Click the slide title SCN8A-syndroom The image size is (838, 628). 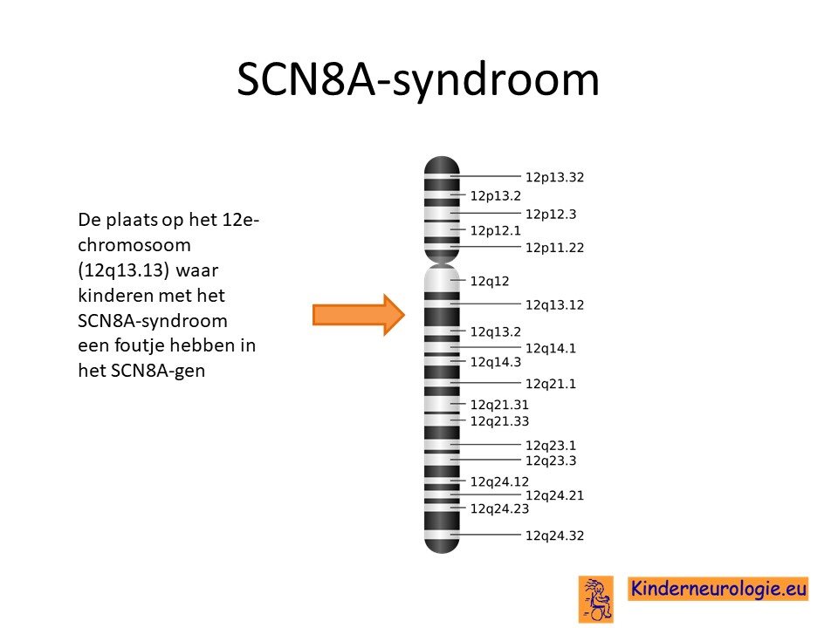coord(418,80)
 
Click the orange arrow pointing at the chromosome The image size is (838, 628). coord(359,315)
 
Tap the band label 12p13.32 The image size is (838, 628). coord(554,177)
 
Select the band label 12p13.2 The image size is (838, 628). coord(496,196)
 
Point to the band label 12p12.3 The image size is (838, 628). coord(551,215)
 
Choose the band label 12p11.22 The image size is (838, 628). coord(554,248)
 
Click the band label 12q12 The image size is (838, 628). coord(490,282)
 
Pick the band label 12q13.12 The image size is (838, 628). coord(554,305)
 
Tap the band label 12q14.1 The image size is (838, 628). coord(551,348)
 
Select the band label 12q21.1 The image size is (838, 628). coord(551,384)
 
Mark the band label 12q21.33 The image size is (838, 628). coord(499,421)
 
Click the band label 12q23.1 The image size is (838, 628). coord(551,446)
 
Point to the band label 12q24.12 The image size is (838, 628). coord(499,481)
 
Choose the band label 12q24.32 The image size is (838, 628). coord(554,536)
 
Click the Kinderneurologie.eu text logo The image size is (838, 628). coord(718,589)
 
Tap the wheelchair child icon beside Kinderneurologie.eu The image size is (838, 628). coord(596,599)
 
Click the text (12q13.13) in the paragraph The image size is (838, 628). coord(123,270)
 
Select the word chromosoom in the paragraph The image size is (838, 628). coord(134,245)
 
